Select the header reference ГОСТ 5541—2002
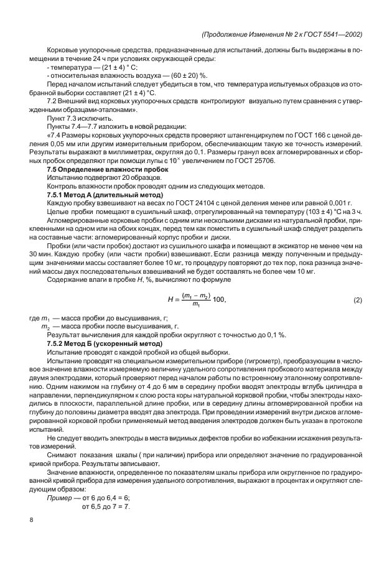tap(334, 34)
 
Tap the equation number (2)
tap(358, 300)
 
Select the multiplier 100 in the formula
tap(220, 300)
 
